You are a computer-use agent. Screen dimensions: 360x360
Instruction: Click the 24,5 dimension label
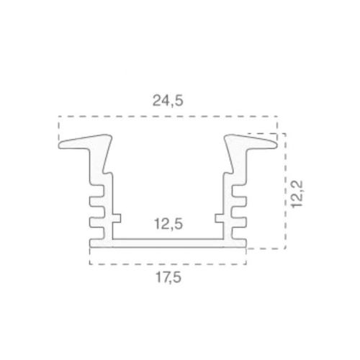pyautogui.click(x=168, y=102)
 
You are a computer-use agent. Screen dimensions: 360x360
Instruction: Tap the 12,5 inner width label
pyautogui.click(x=168, y=224)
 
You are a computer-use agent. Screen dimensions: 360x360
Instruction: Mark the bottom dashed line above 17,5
pyautogui.click(x=167, y=264)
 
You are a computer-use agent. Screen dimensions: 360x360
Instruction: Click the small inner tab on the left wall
pyautogui.click(x=117, y=217)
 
